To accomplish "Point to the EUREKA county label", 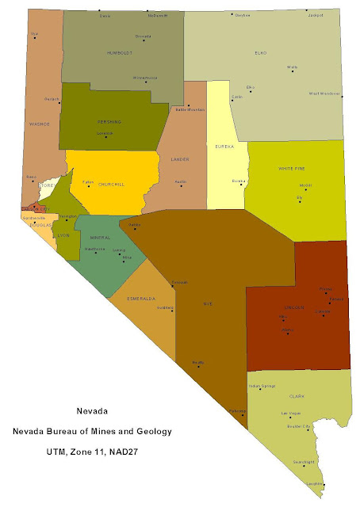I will [x=225, y=147].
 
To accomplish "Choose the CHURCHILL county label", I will [x=111, y=185].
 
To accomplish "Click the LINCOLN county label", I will [x=294, y=307].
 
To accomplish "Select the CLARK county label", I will [x=297, y=396].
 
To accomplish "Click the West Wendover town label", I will [x=324, y=93].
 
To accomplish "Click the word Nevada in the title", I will [x=91, y=412].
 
